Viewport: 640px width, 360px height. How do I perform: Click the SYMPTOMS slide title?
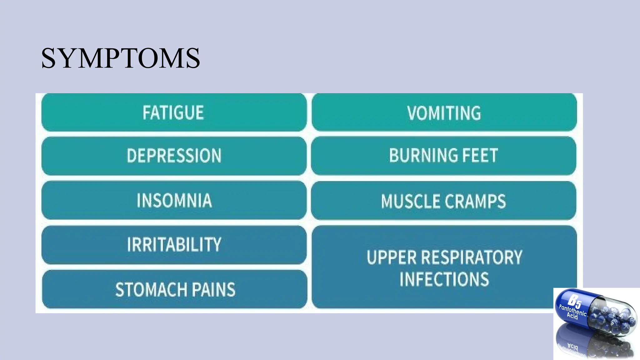[x=120, y=58]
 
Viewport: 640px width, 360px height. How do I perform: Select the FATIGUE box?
[x=174, y=112]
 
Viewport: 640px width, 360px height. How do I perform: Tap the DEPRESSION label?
[x=174, y=156]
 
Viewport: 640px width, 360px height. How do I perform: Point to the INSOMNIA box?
[x=174, y=200]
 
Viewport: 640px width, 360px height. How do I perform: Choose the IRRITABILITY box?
[x=174, y=245]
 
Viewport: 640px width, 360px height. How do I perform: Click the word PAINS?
[x=213, y=290]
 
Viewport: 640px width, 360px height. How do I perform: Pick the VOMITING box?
[x=444, y=112]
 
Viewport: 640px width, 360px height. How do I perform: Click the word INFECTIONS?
[x=444, y=279]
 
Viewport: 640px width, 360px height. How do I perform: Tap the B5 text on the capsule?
[x=574, y=300]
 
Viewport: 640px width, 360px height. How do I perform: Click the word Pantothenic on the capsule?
[x=572, y=310]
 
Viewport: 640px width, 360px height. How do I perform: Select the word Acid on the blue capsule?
[x=572, y=317]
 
